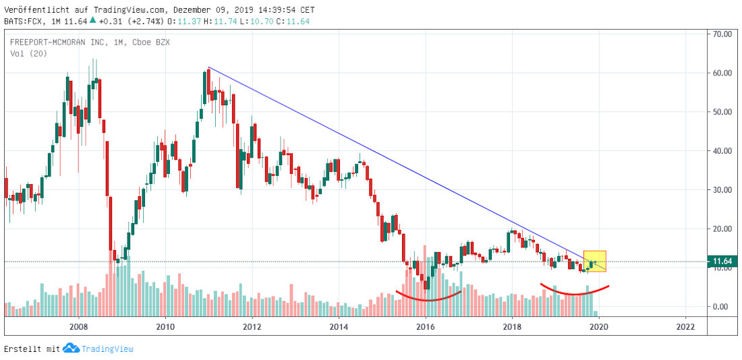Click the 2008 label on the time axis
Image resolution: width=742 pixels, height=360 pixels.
pos(79,327)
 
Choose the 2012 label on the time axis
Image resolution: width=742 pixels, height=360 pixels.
pos(252,327)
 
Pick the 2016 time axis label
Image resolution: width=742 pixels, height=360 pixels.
pos(425,327)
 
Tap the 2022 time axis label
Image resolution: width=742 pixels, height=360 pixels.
pos(685,327)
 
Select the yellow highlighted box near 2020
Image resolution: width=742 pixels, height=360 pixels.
pos(595,261)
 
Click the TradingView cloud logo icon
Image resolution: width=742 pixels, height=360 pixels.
pos(71,349)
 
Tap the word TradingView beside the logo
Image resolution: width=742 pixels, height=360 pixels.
pos(107,349)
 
